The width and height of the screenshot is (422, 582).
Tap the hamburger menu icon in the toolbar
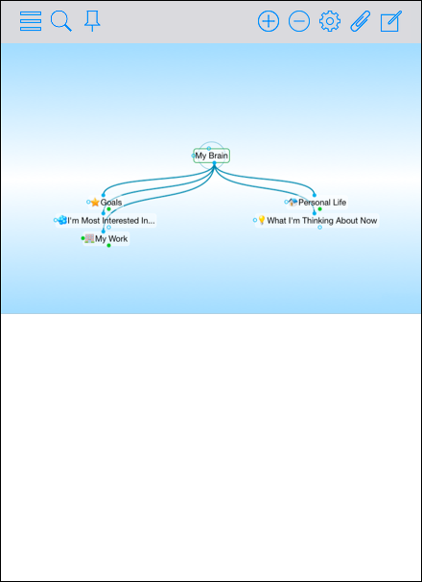[x=31, y=21]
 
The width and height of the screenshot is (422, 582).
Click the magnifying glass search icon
[x=61, y=21]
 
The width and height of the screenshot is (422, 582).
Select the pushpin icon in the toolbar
[x=92, y=21]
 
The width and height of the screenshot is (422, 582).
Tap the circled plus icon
[x=269, y=21]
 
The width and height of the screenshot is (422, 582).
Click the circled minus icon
[x=299, y=21]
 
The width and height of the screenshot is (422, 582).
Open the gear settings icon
[x=330, y=21]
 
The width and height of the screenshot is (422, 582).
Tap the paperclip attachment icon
[x=361, y=21]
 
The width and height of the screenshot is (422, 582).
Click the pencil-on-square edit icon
[x=391, y=21]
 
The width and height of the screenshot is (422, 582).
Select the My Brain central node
[x=211, y=156]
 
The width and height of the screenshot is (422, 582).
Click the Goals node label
[x=111, y=203]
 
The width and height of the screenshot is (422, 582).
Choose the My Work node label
[x=111, y=239]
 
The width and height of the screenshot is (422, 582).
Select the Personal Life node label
[x=322, y=203]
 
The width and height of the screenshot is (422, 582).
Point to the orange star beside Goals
[x=95, y=203]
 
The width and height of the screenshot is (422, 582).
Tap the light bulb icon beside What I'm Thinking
[x=262, y=220]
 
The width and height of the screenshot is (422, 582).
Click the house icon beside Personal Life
[x=293, y=202]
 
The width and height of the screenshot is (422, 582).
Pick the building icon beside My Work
[x=89, y=238]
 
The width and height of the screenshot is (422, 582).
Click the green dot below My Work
[x=108, y=245]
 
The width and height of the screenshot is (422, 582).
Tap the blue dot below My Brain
[x=214, y=163]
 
